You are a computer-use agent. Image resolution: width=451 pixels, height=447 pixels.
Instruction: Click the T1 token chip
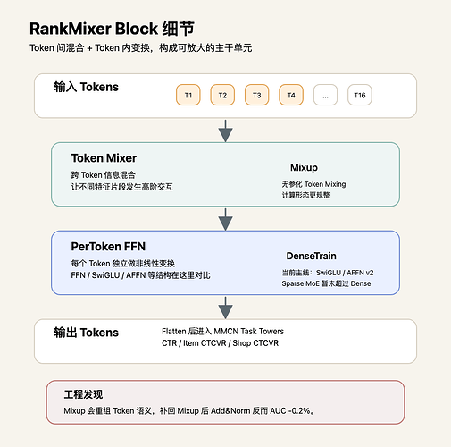click(188, 95)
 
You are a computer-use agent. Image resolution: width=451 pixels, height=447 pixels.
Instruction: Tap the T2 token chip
click(222, 95)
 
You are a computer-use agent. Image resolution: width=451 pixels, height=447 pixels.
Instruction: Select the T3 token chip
click(256, 95)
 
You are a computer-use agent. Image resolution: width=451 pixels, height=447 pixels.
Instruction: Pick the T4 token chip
click(291, 95)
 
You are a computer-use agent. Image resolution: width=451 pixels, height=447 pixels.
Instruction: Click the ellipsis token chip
click(325, 95)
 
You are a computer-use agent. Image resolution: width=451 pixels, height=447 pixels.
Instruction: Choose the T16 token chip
click(360, 95)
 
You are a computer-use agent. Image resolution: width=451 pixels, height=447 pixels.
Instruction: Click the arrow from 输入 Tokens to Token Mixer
click(225, 131)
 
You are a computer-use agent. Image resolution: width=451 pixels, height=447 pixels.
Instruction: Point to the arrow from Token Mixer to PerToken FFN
click(225, 219)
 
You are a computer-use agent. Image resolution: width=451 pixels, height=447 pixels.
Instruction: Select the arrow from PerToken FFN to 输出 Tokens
click(225, 308)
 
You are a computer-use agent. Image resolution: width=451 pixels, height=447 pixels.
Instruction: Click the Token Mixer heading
click(104, 158)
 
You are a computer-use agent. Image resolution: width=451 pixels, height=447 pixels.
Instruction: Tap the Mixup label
click(304, 167)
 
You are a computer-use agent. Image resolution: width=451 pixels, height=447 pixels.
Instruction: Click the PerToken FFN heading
click(108, 247)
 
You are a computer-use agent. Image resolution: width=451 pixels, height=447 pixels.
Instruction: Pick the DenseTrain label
click(312, 256)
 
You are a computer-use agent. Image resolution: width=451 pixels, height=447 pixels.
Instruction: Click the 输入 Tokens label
click(87, 87)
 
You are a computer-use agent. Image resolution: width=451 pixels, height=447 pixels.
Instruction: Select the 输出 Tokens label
click(87, 333)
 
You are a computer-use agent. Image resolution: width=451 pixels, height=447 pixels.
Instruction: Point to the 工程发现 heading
click(83, 394)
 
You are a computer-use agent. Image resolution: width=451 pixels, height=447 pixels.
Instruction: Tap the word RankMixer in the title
click(71, 29)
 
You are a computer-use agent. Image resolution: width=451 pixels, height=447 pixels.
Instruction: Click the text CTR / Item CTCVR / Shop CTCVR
click(221, 343)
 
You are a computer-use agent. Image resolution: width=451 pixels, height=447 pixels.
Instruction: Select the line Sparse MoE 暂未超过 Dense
click(326, 283)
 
